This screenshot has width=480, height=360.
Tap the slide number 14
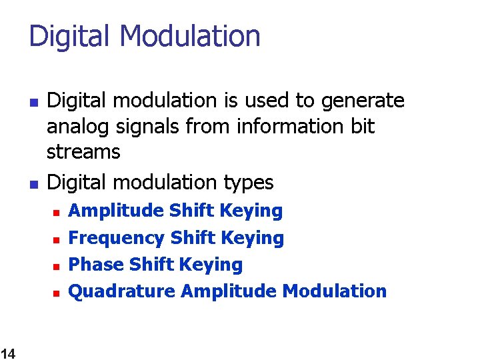coord(8,353)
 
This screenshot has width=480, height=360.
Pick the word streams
coord(83,152)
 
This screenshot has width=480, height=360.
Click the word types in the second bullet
coord(251,182)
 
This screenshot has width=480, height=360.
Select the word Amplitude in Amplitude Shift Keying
coord(117,211)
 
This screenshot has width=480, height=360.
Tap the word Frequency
coord(117,238)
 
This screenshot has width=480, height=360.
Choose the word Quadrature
coord(122,291)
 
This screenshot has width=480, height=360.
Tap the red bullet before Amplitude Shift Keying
coord(57,213)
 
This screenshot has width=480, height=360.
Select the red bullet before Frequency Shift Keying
coord(57,239)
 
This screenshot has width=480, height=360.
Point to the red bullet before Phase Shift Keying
coord(57,266)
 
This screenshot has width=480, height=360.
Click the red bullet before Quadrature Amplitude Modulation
coord(57,293)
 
